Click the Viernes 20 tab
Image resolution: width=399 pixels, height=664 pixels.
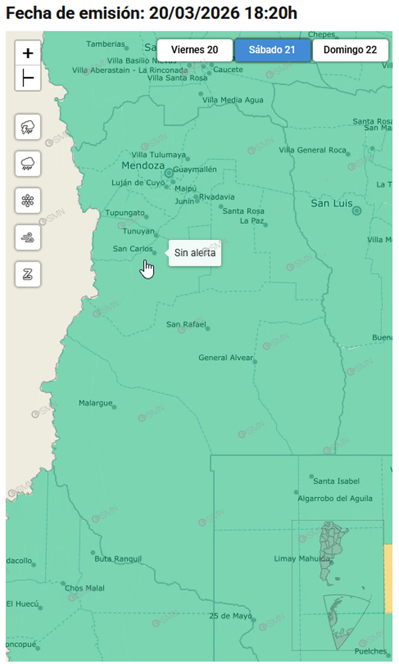195,50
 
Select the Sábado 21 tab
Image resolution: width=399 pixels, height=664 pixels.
272,50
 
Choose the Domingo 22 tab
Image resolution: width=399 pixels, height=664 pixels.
350,50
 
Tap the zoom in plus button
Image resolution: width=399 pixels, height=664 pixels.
28,53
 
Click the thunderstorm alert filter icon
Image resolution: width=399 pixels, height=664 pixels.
28,126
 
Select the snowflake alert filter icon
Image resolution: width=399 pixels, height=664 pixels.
28,200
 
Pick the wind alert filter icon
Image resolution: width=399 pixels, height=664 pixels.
28,237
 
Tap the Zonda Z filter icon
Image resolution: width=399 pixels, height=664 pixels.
28,274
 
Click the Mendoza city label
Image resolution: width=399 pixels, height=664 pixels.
143,166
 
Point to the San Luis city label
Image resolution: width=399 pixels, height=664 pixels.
331,203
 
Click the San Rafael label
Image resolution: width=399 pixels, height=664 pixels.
186,324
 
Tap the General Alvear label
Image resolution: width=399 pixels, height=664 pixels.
226,358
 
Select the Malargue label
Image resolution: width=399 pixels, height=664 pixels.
96,403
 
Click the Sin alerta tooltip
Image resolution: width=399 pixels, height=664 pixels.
195,253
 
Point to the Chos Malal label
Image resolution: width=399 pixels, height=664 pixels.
85,588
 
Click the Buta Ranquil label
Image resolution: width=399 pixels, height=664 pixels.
118,559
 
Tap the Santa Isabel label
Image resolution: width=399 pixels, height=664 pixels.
337,481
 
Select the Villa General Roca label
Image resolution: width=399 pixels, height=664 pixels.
312,150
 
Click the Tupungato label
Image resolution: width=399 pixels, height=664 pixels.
124,213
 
